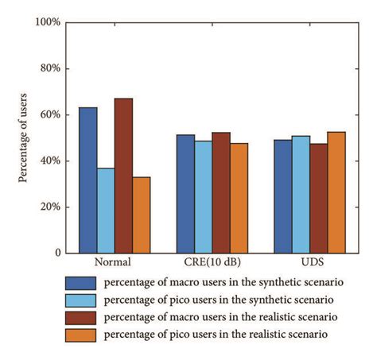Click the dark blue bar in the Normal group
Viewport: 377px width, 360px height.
click(x=87, y=180)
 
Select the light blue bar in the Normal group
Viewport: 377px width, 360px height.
click(x=105, y=211)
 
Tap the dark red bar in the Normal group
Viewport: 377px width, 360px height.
click(x=123, y=176)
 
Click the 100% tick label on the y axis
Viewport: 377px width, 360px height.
click(x=47, y=22)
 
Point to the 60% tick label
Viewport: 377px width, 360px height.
click(x=49, y=114)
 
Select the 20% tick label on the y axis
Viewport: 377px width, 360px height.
click(x=49, y=207)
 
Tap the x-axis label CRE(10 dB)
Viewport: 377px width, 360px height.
click(x=212, y=262)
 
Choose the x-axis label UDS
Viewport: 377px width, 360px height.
click(x=309, y=262)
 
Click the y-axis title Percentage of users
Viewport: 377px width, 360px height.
click(x=23, y=137)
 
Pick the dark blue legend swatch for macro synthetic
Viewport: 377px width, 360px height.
click(x=81, y=283)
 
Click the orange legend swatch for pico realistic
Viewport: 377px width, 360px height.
click(x=81, y=335)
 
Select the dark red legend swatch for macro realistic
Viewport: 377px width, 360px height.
click(x=81, y=318)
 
